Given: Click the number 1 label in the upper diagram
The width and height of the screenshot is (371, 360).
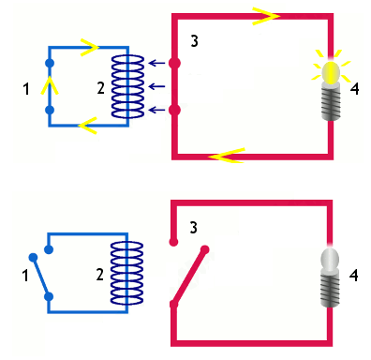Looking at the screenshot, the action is [26, 89].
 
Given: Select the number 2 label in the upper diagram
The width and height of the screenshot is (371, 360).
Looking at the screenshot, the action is [100, 88].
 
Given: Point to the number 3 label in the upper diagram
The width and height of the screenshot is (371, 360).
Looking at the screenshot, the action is [194, 41].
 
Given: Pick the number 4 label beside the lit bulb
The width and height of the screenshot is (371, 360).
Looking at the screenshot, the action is [354, 89].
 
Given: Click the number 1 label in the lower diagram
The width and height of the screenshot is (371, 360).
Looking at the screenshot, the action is [25, 276].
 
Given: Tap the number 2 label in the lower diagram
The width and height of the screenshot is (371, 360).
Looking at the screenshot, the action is [99, 275].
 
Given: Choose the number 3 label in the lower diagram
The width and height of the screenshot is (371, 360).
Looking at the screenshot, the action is [194, 228].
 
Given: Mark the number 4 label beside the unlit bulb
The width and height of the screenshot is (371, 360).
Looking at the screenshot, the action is [353, 276].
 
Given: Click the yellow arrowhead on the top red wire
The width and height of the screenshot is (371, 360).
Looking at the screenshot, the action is [266, 16].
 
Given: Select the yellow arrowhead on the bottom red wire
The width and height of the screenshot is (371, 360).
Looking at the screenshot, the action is [227, 156].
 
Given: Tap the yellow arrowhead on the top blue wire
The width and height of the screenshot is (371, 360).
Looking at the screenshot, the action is [90, 47].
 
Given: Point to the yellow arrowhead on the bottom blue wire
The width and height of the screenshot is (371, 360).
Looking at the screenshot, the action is [88, 126].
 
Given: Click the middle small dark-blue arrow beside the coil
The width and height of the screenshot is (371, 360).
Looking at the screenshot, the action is [157, 86].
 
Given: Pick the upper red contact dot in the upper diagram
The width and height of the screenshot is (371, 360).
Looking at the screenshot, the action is [174, 63].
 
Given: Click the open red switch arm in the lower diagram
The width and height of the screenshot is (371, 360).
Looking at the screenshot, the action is [189, 277].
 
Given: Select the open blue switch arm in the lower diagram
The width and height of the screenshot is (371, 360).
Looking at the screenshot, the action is [41, 277].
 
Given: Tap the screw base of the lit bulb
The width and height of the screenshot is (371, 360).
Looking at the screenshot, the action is [331, 102].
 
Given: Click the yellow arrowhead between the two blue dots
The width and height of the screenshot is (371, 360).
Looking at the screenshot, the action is [50, 86].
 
